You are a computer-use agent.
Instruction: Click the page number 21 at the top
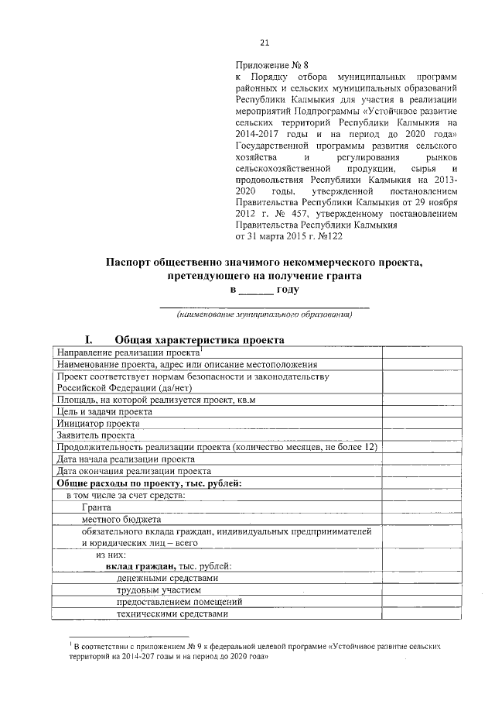click(265, 43)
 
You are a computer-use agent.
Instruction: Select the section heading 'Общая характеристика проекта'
click(189, 339)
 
